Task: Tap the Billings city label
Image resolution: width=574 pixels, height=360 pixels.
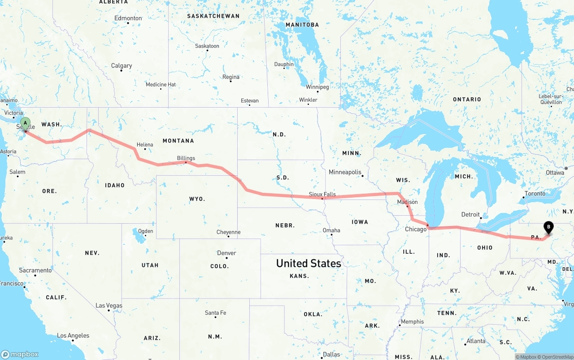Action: (x=186, y=158)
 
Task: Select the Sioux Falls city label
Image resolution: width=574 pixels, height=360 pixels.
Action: (x=322, y=194)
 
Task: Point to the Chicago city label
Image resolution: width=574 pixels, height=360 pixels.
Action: (x=416, y=229)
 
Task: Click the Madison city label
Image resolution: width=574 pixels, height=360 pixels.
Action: (x=407, y=202)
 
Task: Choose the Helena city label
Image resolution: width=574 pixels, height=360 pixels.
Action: (x=145, y=144)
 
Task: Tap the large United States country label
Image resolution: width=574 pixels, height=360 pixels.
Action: (x=309, y=263)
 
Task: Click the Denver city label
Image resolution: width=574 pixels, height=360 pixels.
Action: (x=226, y=253)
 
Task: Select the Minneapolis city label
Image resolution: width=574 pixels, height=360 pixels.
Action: (x=345, y=172)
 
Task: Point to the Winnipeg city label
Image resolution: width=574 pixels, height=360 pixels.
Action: (x=317, y=87)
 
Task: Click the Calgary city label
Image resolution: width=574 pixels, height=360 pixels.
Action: (x=122, y=65)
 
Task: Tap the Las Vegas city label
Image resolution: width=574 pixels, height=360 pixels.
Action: (x=109, y=305)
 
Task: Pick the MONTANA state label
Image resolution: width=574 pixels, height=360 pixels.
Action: (x=178, y=141)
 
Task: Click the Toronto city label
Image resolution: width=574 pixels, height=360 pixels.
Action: (x=535, y=193)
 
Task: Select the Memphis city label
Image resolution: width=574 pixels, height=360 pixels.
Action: (x=412, y=321)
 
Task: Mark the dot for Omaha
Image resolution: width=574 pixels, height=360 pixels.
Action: (x=331, y=235)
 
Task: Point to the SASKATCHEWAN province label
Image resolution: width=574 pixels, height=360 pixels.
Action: (x=213, y=16)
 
